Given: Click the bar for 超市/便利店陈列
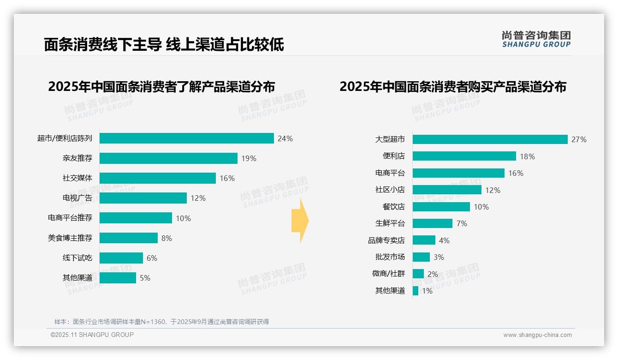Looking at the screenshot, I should click(x=186, y=138).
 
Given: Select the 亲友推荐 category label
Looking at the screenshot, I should click(x=77, y=158).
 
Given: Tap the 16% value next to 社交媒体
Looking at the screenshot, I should click(x=227, y=178).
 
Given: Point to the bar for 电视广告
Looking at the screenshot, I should click(x=143, y=198).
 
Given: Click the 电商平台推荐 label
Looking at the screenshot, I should click(x=70, y=218).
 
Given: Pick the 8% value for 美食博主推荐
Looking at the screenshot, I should click(x=166, y=238).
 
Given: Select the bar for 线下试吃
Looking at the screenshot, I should click(x=121, y=258).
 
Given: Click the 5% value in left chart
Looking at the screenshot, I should click(x=145, y=278).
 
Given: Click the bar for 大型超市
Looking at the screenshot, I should click(x=490, y=139).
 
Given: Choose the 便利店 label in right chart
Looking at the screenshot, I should click(x=393, y=156).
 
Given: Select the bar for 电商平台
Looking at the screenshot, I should click(x=458, y=173).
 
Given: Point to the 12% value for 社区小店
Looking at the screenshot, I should click(x=493, y=190).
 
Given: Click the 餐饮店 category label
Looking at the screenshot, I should click(x=393, y=207).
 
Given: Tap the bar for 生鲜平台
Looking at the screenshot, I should click(x=433, y=223).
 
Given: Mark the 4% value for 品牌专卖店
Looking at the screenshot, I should click(x=444, y=240).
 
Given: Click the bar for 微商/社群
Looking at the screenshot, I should click(x=418, y=274).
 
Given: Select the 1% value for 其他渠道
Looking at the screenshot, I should click(x=427, y=291).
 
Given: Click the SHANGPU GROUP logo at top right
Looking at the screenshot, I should click(x=536, y=39).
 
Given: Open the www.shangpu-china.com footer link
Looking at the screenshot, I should click(x=537, y=335).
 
